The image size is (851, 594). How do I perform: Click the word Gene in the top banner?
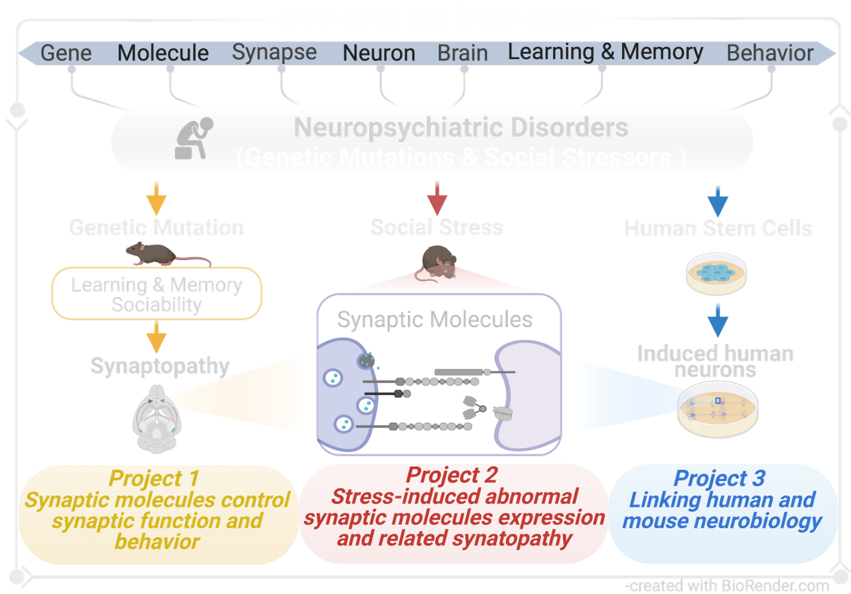pos(66,53)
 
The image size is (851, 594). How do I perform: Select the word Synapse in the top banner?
pos(274,52)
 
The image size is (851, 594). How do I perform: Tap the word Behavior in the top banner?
pos(770,53)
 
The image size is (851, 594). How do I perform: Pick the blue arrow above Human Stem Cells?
pos(717,200)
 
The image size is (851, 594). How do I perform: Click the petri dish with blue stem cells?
pos(716,274)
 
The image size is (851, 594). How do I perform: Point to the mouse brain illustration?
pos(157,418)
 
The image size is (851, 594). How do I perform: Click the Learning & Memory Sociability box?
pos(157,294)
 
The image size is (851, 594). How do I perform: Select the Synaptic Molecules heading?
pos(435,320)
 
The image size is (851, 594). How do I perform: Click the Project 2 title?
pos(452,475)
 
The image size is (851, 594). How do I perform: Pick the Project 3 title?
pos(719,478)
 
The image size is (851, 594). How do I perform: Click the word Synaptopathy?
pos(160,366)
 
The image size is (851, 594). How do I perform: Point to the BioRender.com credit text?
pos(727,586)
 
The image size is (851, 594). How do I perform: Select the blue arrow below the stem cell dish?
pos(717,319)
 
